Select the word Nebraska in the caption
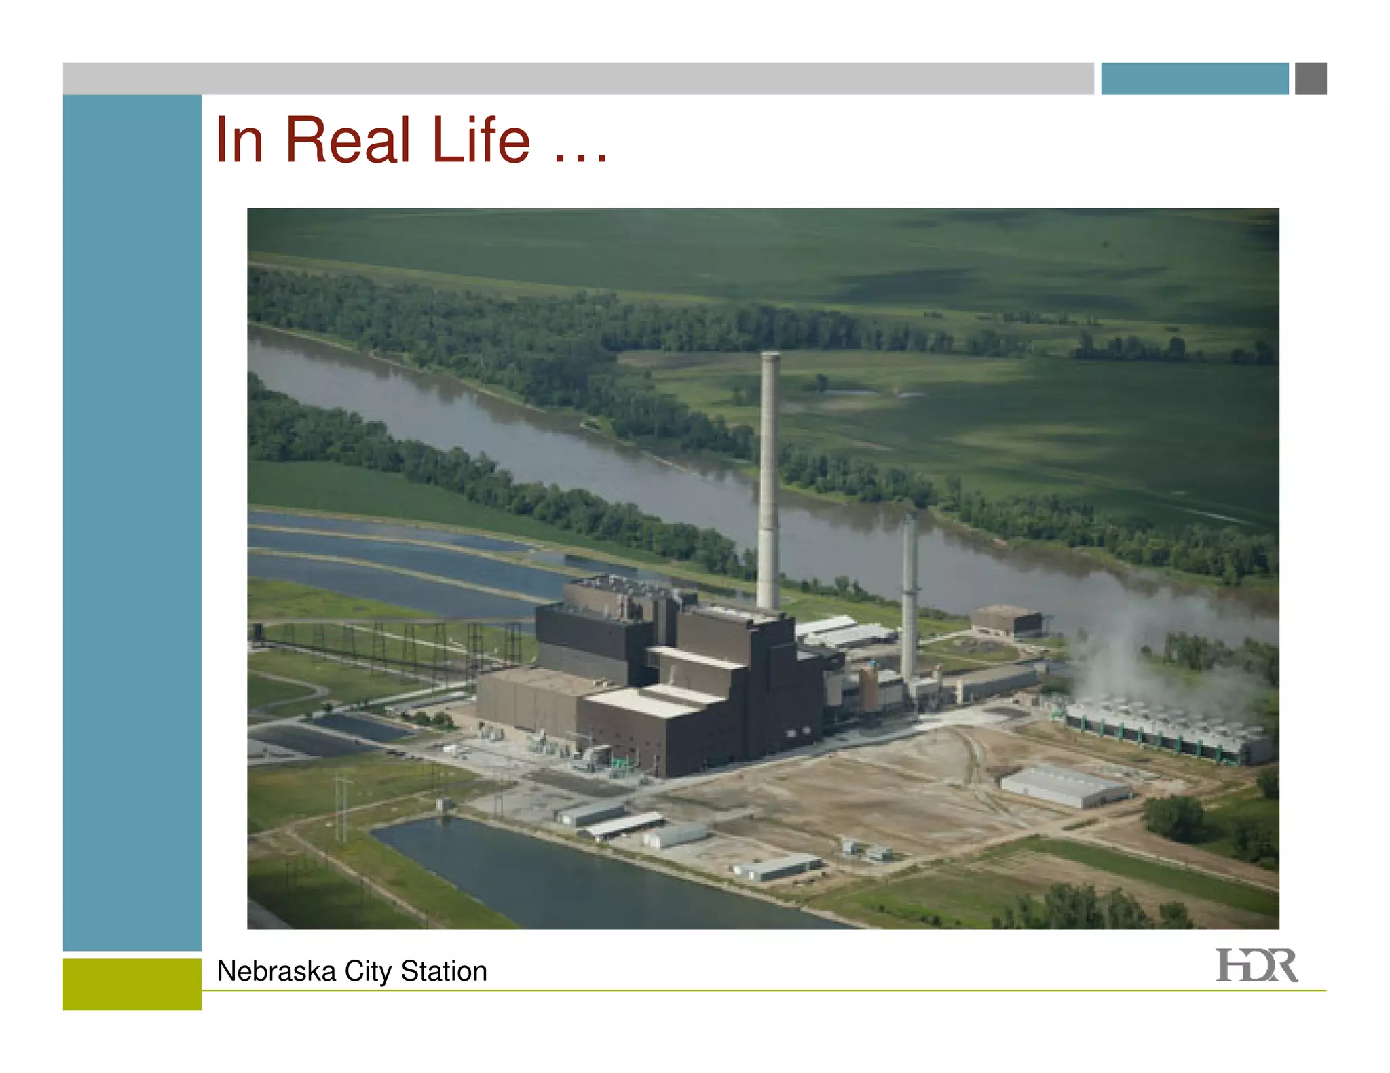pyautogui.click(x=276, y=971)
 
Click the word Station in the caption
pyautogui.click(x=444, y=971)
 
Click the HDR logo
pyautogui.click(x=1256, y=965)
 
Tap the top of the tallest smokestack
pyautogui.click(x=770, y=355)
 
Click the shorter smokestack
pyautogui.click(x=909, y=597)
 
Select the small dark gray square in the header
pyautogui.click(x=1311, y=79)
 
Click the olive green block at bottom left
pyautogui.click(x=132, y=983)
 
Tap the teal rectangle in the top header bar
pyautogui.click(x=1195, y=79)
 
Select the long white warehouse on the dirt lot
pyautogui.click(x=1066, y=787)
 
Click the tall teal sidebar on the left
pyautogui.click(x=132, y=522)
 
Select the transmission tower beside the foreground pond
pyautogui.click(x=343, y=807)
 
